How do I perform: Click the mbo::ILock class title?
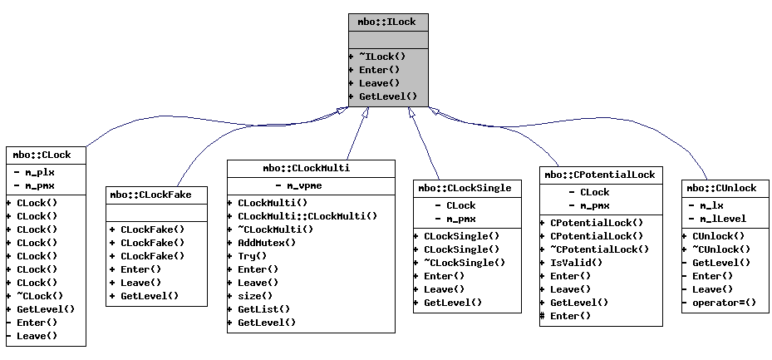coord(388,22)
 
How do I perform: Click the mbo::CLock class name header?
coord(42,155)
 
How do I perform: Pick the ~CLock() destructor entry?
coord(40,296)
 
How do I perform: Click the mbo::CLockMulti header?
coord(310,168)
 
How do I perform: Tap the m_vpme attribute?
coord(308,186)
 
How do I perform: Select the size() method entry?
coord(254,296)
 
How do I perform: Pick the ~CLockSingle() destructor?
coord(464,263)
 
